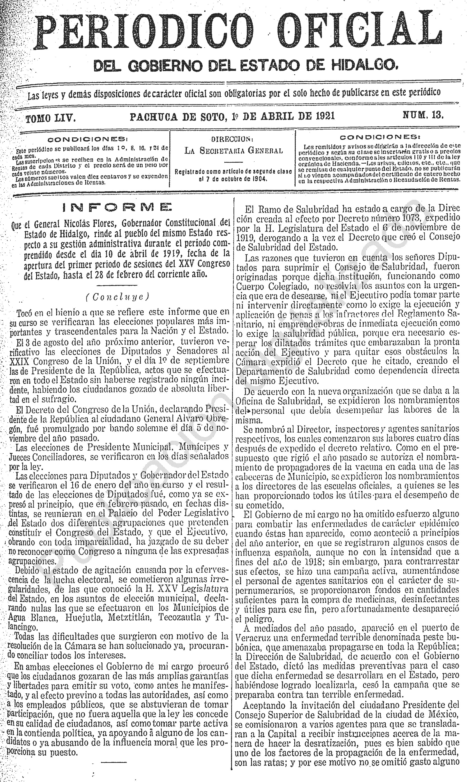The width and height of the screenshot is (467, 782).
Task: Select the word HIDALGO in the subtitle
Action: tap(365, 65)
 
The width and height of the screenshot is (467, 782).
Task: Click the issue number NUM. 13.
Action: tap(423, 115)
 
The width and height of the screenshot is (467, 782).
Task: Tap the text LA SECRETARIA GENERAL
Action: tap(233, 151)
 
